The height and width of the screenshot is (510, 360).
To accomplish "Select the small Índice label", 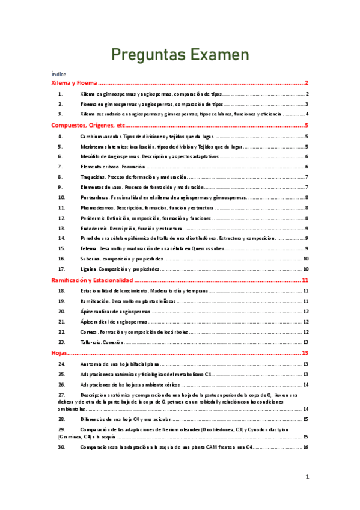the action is pyautogui.click(x=59, y=74).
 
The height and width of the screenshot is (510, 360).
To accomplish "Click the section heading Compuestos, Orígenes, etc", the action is pyautogui.click(x=88, y=126).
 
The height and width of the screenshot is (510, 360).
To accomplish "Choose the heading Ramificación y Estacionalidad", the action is pyautogui.click(x=91, y=280).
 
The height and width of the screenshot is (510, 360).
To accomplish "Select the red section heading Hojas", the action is pyautogui.click(x=59, y=354).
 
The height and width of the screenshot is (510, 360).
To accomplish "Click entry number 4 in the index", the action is pyautogui.click(x=61, y=137).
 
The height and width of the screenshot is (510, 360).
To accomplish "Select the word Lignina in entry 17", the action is pyautogui.click(x=90, y=269).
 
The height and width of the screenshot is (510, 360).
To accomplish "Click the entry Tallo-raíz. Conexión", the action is pyautogui.click(x=102, y=342).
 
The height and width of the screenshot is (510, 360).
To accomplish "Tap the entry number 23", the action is pyautogui.click(x=61, y=342).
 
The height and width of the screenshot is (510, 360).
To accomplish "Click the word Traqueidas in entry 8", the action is pyautogui.click(x=93, y=177).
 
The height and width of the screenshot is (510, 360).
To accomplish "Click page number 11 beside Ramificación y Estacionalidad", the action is pyautogui.click(x=305, y=280).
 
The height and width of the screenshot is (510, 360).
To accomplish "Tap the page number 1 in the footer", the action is pyautogui.click(x=307, y=477).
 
